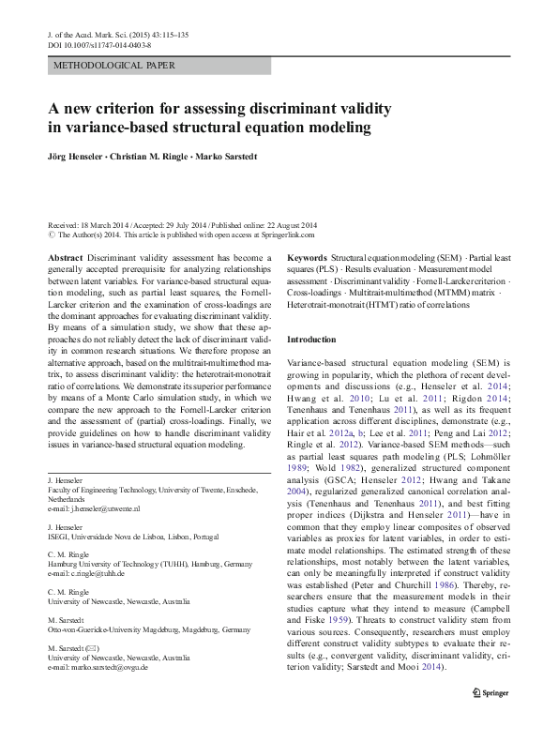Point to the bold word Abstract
tap(65, 256)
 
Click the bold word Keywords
tap(308, 256)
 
